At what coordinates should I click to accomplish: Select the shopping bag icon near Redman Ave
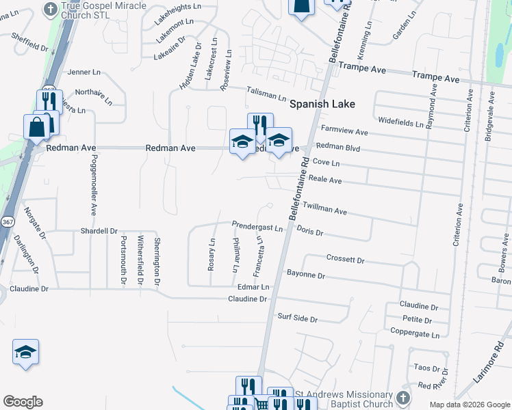[36, 126]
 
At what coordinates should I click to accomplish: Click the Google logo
[23, 402]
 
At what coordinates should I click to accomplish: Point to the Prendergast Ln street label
[257, 225]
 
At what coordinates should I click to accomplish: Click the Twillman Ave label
[325, 208]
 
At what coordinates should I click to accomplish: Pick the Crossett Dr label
[345, 260]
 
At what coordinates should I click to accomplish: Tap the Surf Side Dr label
[298, 318]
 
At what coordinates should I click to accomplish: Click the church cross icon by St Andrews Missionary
[404, 398]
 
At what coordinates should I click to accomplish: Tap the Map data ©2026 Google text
[470, 405]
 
